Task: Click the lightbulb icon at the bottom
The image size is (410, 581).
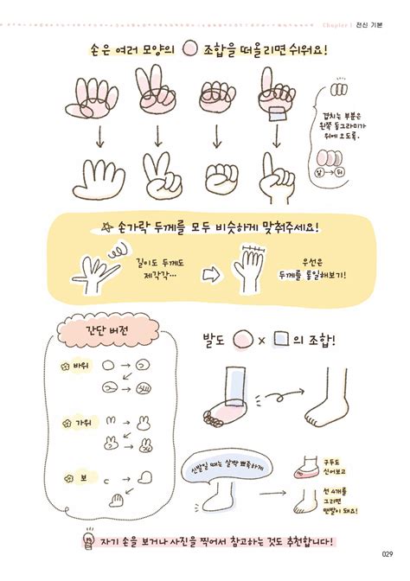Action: (86, 542)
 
